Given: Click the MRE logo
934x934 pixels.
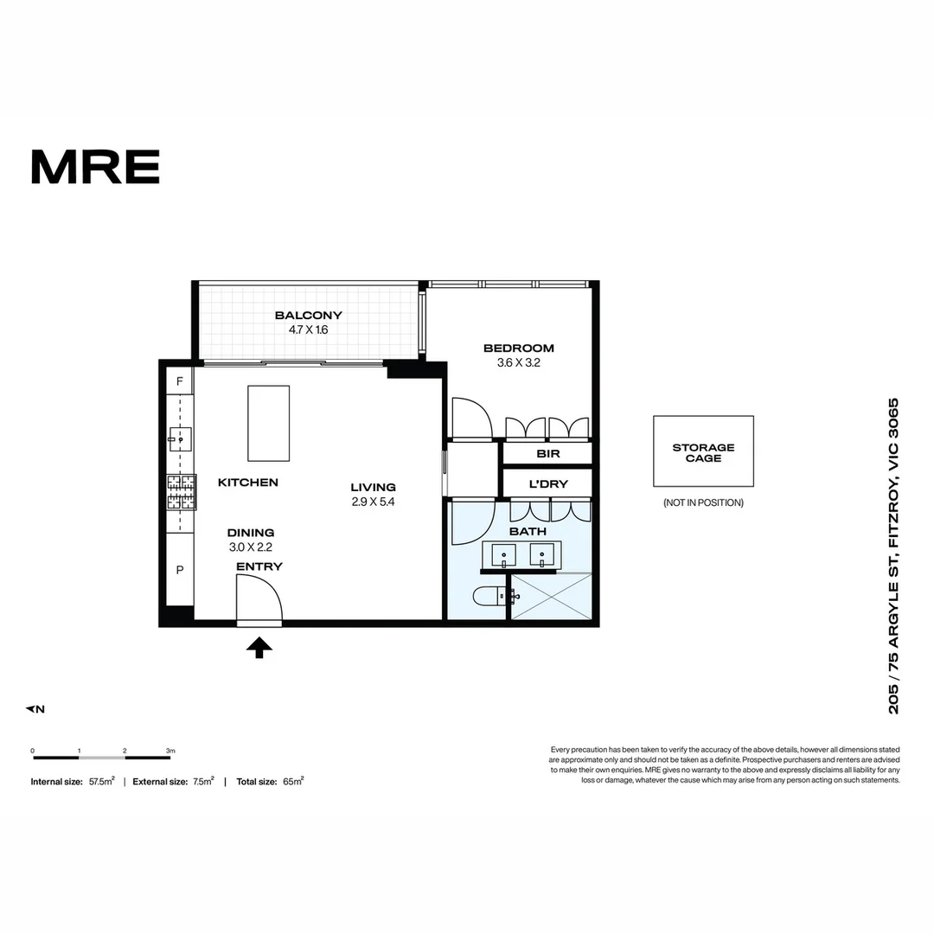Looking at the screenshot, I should pos(95,166).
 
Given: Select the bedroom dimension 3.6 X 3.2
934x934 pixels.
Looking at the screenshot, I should pos(518,363).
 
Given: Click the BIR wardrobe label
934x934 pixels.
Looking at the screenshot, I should pos(547,453).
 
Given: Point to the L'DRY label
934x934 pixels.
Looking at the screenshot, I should pos(547,484).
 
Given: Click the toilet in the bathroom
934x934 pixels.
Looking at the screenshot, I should pos(491,595).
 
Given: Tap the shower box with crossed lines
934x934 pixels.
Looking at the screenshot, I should pos(552,596).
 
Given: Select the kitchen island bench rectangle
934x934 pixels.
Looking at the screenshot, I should pos(268,423).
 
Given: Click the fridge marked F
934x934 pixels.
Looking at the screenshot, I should pos(180,381).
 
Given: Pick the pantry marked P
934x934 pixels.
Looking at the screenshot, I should pos(180,571).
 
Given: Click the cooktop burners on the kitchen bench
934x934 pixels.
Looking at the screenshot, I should pos(182,493).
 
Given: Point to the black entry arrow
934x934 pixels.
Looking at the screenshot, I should pos(259,648).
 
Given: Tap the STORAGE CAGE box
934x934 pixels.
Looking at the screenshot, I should pos(703,451).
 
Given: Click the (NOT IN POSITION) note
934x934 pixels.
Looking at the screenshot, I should pos(703,502).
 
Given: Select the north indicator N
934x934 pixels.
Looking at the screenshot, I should pos(35,709).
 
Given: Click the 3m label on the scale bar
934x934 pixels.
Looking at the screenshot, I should pos(170,751).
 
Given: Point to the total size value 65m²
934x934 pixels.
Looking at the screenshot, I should pos(293,781).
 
